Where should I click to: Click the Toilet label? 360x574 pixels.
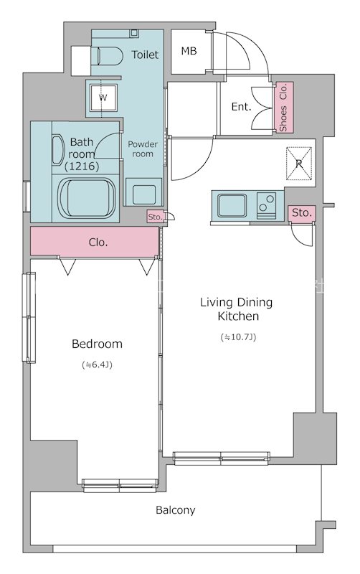[x=145, y=55]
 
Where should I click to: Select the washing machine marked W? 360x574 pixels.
[x=103, y=98]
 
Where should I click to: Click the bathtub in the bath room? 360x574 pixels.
[x=87, y=198]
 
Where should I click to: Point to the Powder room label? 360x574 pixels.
[x=143, y=149]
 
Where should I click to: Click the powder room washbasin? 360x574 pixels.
[x=143, y=192]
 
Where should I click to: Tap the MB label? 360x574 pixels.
[x=189, y=51]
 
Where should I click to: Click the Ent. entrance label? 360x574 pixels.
[x=242, y=107]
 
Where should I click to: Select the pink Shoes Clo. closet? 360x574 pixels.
[x=284, y=107]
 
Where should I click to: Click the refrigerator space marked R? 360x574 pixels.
[x=299, y=164]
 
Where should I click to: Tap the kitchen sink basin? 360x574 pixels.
[x=232, y=205]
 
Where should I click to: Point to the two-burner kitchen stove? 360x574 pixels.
[x=266, y=205]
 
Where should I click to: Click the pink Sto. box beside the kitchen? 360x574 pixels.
[x=301, y=213]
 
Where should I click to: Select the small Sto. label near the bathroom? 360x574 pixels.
[x=155, y=217]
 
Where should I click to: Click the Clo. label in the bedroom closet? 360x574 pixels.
[x=98, y=243]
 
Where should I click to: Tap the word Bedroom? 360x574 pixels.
[x=97, y=344]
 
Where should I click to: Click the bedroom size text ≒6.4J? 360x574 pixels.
[x=97, y=365]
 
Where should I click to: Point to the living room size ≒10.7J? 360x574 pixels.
[x=238, y=337]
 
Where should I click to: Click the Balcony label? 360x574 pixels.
[x=175, y=510]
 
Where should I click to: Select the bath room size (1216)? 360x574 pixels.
[x=82, y=166]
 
